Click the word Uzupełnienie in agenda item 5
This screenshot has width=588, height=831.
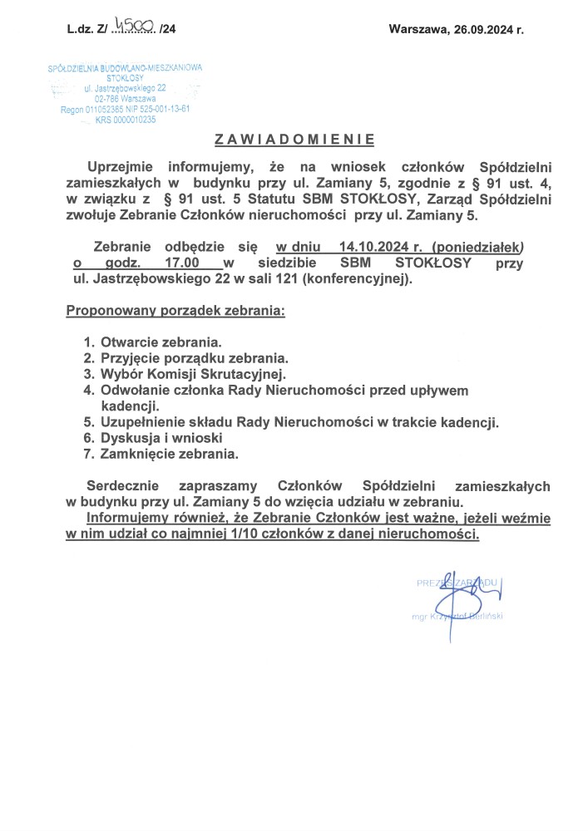tap(146, 422)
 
